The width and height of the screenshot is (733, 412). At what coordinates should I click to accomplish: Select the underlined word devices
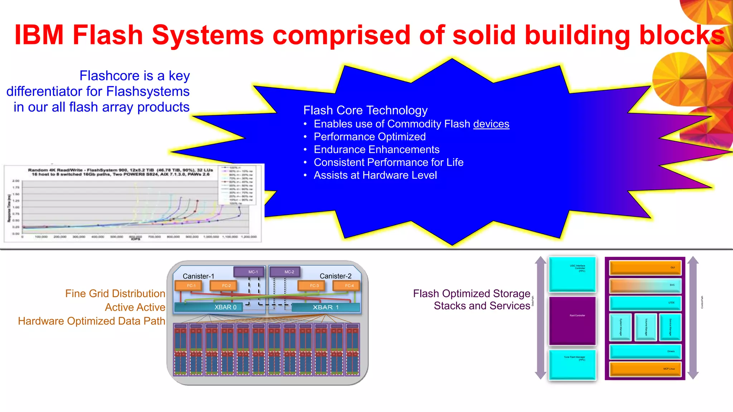click(491, 124)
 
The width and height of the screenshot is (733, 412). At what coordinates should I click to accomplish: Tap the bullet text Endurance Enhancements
click(377, 149)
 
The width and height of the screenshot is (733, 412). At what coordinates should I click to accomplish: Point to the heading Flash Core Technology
click(365, 110)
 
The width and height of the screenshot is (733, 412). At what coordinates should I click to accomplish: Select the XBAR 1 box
click(325, 307)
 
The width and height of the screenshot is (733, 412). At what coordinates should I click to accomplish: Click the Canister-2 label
click(335, 276)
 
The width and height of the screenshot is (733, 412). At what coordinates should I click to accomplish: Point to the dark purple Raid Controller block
click(572, 320)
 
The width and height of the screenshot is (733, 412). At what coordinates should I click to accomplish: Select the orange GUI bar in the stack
click(645, 268)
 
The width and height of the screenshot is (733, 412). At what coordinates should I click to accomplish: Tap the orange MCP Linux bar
click(645, 369)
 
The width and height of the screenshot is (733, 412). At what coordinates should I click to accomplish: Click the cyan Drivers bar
click(645, 352)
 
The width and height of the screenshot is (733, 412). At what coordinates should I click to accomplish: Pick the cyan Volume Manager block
click(646, 327)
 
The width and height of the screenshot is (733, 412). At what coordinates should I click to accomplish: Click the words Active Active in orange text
click(135, 307)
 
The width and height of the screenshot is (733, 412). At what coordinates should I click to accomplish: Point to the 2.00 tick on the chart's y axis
click(16, 181)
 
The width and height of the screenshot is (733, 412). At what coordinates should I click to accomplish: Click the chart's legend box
click(237, 185)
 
